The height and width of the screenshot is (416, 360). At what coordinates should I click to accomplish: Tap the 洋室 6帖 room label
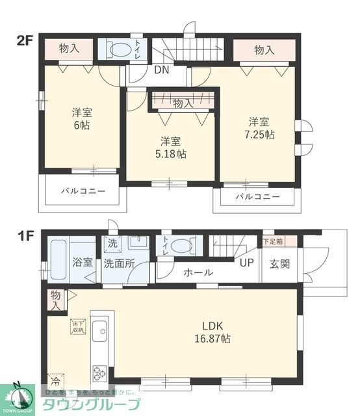81,118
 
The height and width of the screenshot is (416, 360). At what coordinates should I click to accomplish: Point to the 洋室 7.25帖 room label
259,128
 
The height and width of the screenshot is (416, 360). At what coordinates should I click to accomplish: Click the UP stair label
246,263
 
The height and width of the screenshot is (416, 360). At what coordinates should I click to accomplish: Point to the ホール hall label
198,273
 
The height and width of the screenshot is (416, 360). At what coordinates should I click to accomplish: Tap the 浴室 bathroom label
82,263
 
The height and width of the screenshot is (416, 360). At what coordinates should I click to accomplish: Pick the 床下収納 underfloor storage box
78,327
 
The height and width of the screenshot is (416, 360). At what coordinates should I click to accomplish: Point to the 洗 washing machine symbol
111,244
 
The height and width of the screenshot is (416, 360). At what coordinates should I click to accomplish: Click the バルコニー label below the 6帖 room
83,192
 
